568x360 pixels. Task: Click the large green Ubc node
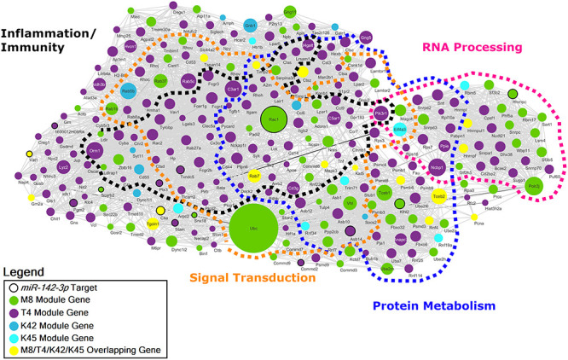[252, 228]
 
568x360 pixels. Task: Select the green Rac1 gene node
[273, 119]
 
